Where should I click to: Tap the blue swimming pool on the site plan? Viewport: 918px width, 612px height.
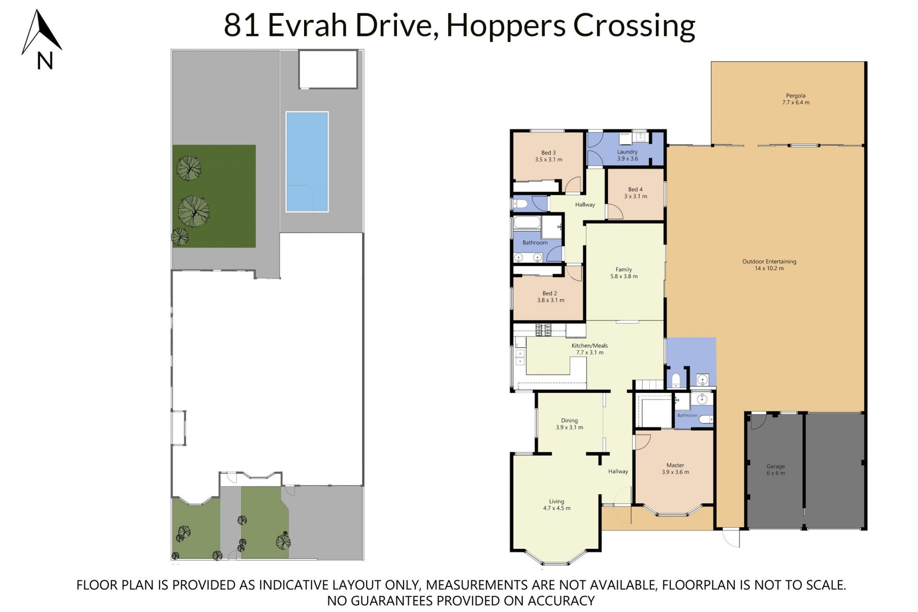click(x=307, y=162)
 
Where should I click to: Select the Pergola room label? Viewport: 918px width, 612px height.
click(x=796, y=99)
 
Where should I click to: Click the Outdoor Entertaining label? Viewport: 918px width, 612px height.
click(x=769, y=265)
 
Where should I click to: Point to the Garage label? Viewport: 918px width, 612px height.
click(x=776, y=470)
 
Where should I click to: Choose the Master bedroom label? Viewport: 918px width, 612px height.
click(x=675, y=469)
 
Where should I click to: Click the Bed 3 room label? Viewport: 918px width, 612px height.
click(x=548, y=156)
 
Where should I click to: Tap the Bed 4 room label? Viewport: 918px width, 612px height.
click(x=635, y=193)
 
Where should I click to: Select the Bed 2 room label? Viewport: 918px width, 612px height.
click(x=550, y=297)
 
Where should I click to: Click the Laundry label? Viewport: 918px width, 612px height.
click(x=627, y=155)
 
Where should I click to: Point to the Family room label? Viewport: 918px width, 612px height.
click(x=624, y=273)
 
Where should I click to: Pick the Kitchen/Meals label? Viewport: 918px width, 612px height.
click(x=590, y=349)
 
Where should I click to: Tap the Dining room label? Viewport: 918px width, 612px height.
click(x=569, y=424)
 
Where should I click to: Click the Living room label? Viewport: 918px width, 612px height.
click(x=557, y=505)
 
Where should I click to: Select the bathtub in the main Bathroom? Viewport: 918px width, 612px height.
click(x=527, y=223)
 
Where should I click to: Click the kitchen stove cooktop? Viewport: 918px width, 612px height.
click(x=543, y=329)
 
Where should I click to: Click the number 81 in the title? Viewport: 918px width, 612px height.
click(x=241, y=25)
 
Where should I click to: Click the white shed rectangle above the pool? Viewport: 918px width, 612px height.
click(x=328, y=69)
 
